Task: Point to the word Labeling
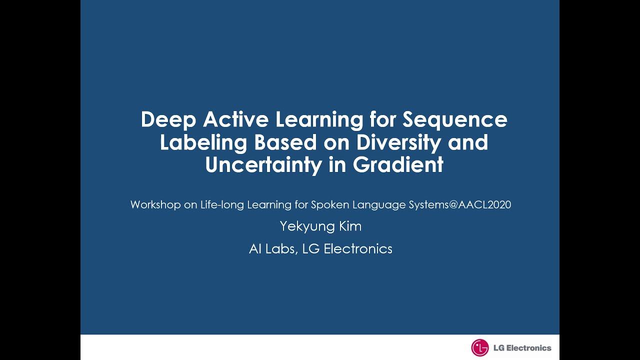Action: [203, 142]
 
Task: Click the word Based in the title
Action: [285, 142]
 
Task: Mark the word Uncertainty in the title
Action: [263, 165]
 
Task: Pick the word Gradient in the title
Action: [398, 165]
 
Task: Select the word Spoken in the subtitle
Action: [330, 204]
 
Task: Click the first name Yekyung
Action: [305, 226]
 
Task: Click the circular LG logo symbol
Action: [479, 347]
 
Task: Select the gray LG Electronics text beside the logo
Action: [522, 348]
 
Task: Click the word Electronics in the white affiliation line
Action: [358, 248]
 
